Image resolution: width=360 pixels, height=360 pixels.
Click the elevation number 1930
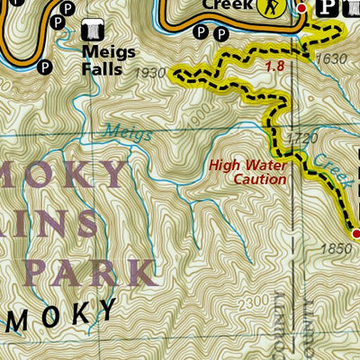click(x=149, y=72)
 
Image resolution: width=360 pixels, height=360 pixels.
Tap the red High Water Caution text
click(x=247, y=172)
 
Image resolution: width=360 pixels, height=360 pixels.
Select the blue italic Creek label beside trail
click(x=319, y=165)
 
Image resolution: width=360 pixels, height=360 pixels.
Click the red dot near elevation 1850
click(x=355, y=235)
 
